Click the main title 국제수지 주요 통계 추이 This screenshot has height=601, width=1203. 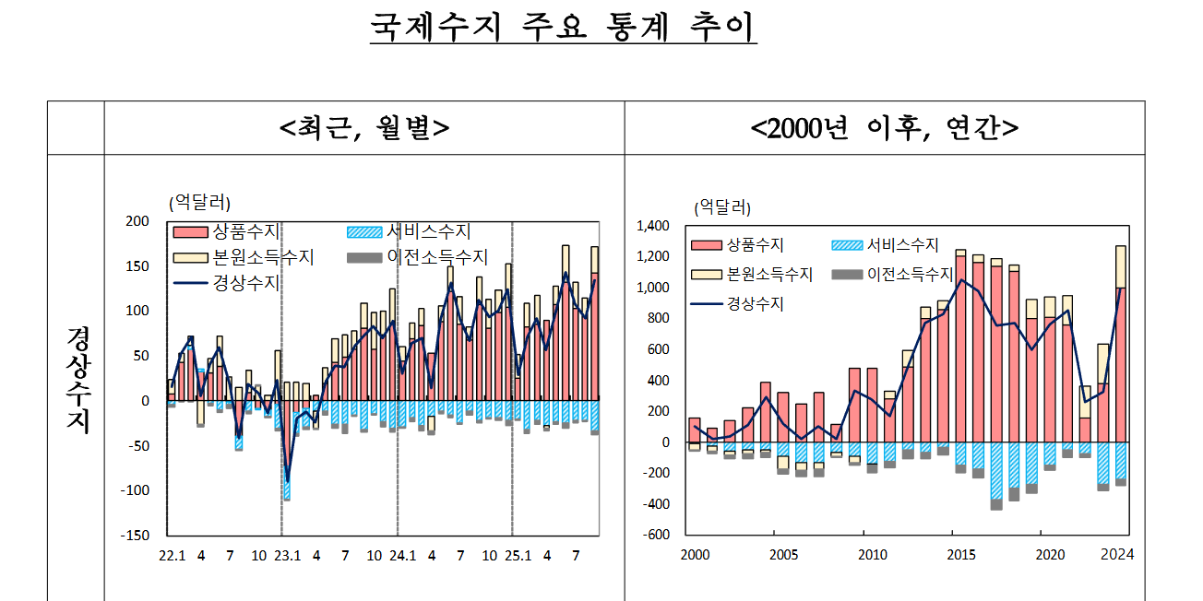click(x=563, y=27)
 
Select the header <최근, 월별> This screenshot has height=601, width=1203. click(x=364, y=128)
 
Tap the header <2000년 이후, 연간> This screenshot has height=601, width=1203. click(x=885, y=128)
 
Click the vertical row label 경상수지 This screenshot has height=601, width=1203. click(x=77, y=378)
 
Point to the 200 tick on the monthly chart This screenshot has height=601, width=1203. click(x=137, y=221)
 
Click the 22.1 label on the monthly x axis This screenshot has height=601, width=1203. click(x=172, y=556)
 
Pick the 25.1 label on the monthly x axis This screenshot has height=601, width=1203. click(x=518, y=556)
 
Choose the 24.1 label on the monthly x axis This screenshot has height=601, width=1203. click(x=402, y=556)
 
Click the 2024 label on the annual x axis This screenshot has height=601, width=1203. click(x=1117, y=555)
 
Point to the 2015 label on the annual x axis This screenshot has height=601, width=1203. click(x=961, y=555)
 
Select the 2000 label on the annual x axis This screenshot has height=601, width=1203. click(x=695, y=555)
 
